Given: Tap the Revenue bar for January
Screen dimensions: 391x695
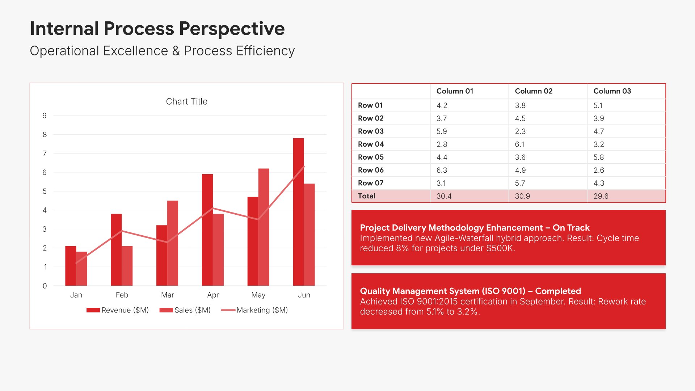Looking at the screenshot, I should pos(71,266).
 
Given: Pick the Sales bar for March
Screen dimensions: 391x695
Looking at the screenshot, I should pos(173,243).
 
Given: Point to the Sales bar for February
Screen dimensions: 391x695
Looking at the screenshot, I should pos(127,266).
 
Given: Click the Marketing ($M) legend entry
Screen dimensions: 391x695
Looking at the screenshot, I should pos(254,310).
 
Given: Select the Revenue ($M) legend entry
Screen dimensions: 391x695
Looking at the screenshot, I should pos(118,310).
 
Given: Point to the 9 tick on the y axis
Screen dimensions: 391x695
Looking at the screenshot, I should pos(45,116).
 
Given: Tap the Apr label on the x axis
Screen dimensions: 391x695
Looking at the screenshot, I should pos(213,295).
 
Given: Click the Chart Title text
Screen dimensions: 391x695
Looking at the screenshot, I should pos(186,102).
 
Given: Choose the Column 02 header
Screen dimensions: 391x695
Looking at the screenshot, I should pos(534,91).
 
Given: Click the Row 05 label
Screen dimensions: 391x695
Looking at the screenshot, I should pos(371,157).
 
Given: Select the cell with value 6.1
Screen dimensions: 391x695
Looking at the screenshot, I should pos(520,144).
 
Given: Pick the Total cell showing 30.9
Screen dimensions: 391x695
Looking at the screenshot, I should pos(522,196).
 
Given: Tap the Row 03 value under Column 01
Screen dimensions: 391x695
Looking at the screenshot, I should pos(442,131).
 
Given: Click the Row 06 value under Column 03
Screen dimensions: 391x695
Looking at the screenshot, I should pos(599,170).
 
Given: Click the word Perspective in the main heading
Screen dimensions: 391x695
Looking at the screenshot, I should pos(232,29).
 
